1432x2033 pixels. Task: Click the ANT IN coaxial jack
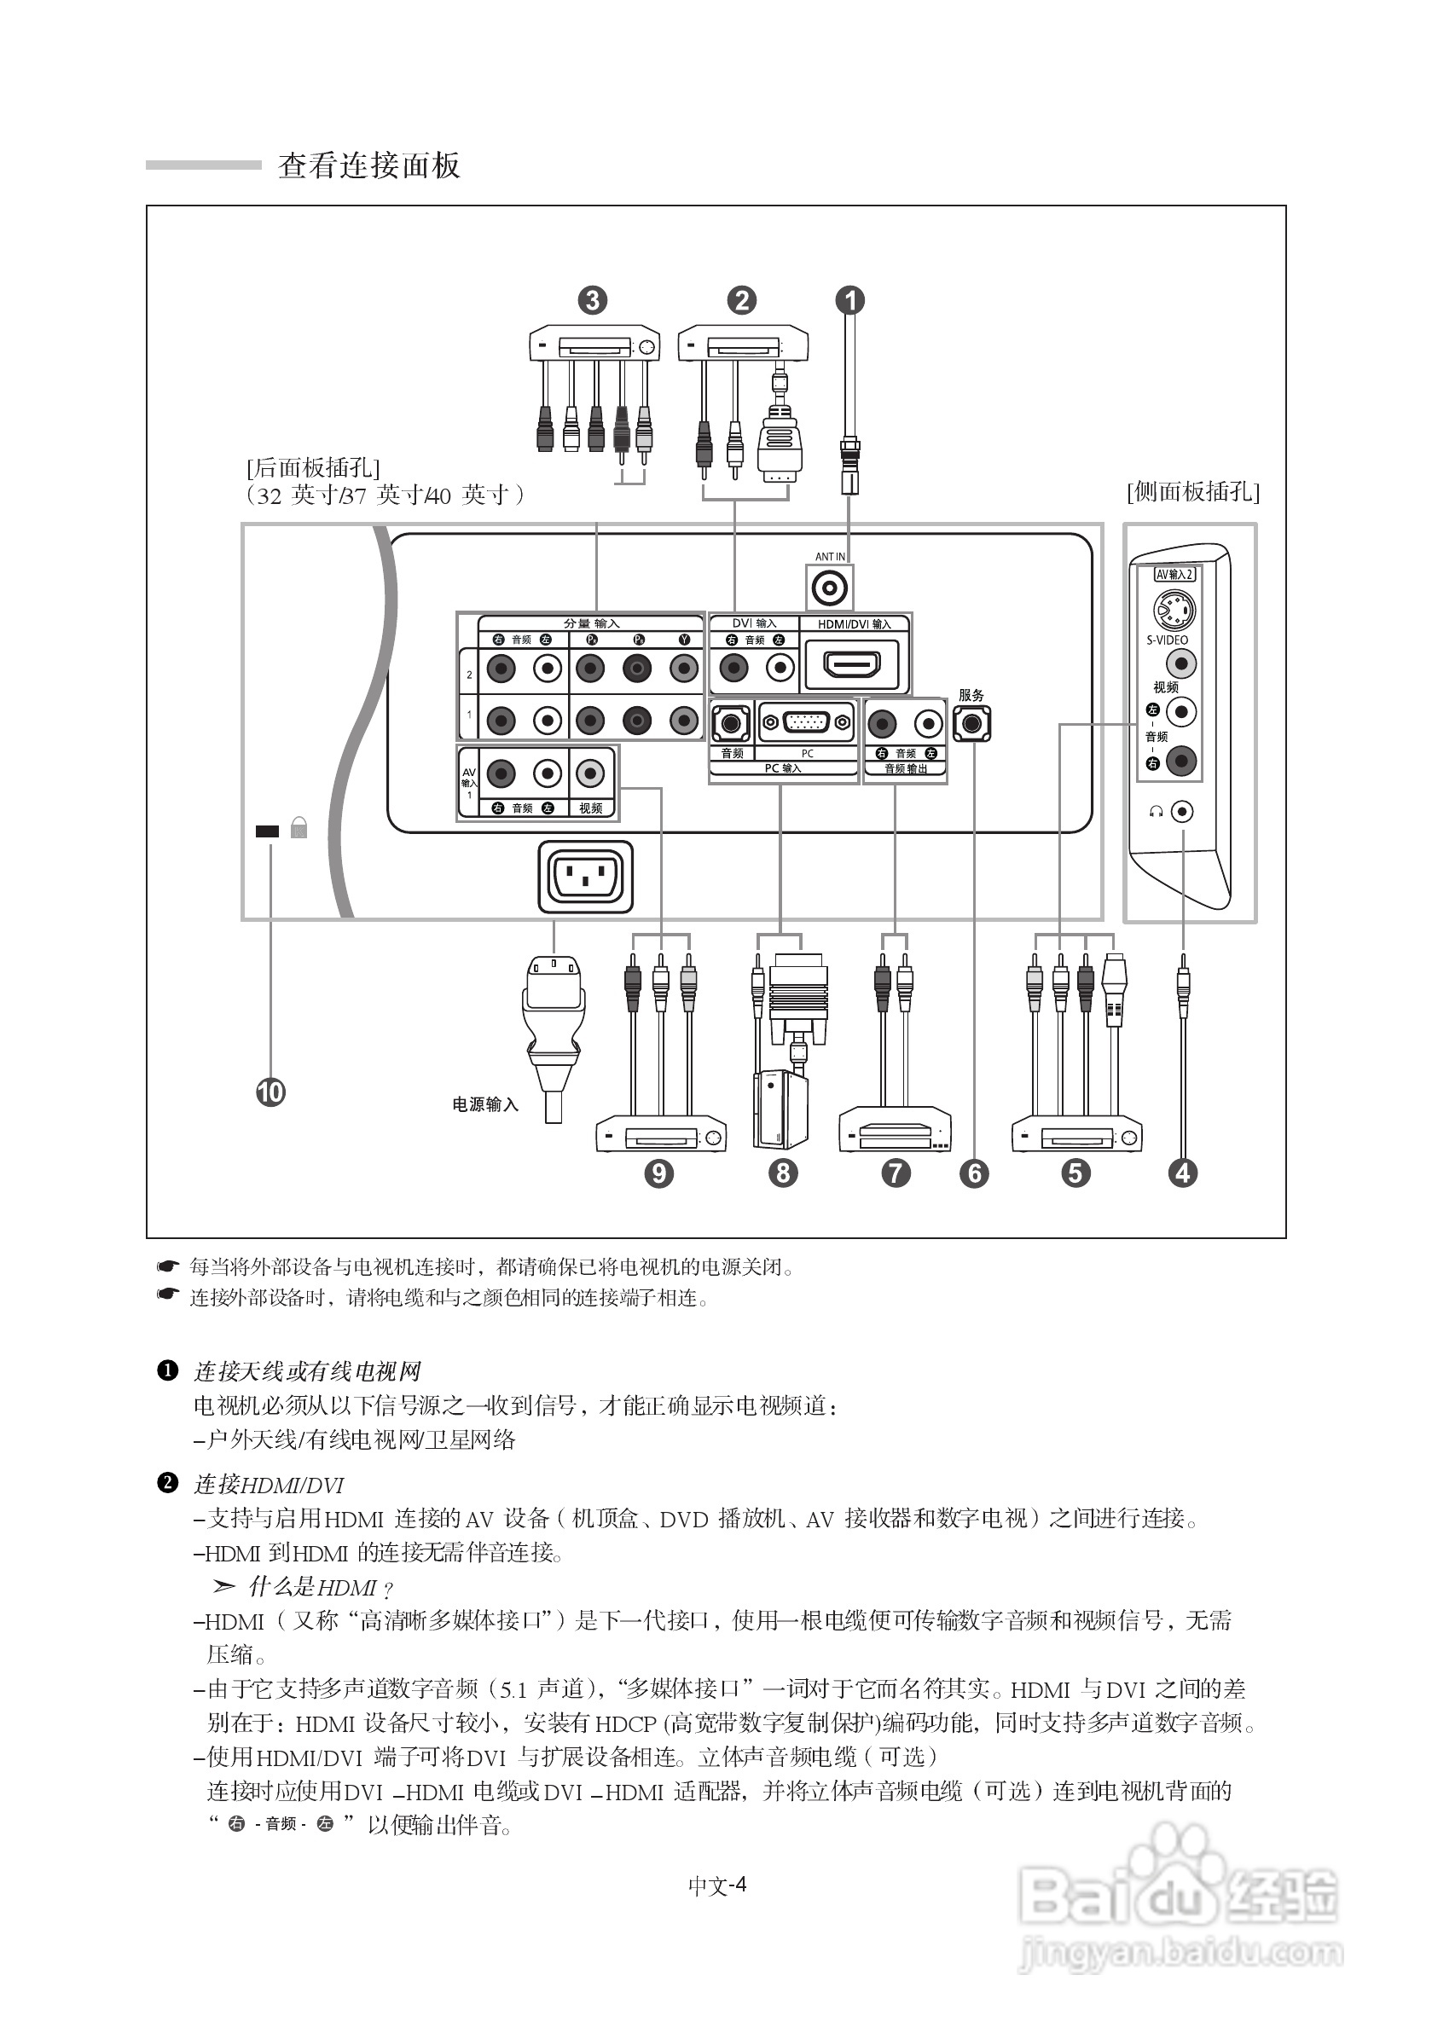[x=830, y=587]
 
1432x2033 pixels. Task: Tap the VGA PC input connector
[x=806, y=722]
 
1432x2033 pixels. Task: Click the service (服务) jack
[x=971, y=724]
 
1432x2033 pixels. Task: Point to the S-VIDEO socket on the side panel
[x=1174, y=609]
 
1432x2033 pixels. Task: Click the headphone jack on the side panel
[x=1181, y=811]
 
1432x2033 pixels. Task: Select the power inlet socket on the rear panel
[x=585, y=877]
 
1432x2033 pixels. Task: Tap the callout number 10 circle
[x=270, y=1092]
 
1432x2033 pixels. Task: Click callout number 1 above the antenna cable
[x=850, y=300]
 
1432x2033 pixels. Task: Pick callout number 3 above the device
[x=593, y=300]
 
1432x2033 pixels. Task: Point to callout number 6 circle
[x=974, y=1173]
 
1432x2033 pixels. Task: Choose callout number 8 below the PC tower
[x=783, y=1173]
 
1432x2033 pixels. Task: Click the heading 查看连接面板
[x=369, y=165]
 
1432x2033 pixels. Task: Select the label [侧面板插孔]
[x=1193, y=491]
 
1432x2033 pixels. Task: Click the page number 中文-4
[x=717, y=1885]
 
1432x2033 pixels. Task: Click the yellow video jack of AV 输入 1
[x=590, y=773]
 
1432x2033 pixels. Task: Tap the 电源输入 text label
[x=485, y=1104]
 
